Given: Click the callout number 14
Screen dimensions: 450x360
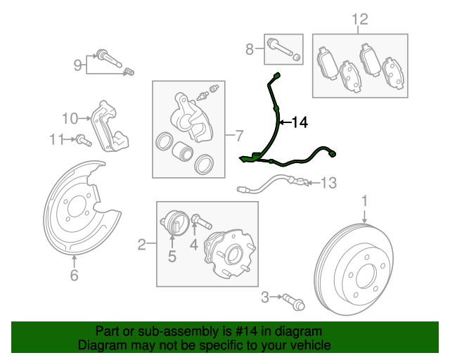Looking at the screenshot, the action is [x=300, y=122].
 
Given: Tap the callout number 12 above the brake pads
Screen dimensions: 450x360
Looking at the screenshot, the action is [x=360, y=20].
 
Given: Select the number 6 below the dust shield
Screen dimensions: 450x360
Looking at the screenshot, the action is [x=74, y=275].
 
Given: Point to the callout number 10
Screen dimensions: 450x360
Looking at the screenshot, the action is [x=70, y=118].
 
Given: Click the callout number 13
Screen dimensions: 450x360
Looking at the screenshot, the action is [x=328, y=183].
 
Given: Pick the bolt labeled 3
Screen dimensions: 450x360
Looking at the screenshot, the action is [x=294, y=302].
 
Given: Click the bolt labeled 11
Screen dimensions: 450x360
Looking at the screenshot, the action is [x=84, y=140].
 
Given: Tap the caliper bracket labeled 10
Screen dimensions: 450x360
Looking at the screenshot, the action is [x=109, y=127].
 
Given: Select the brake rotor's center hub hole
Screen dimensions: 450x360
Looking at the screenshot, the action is [x=366, y=276].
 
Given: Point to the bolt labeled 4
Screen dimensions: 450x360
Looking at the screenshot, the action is [x=202, y=221].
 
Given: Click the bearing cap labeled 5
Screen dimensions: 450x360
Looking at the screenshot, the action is [x=174, y=224].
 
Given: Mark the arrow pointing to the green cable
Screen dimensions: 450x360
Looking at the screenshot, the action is [x=285, y=122].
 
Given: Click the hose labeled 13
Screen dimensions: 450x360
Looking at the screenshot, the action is [x=274, y=184].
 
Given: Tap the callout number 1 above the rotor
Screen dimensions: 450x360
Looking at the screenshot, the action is [x=364, y=201].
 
